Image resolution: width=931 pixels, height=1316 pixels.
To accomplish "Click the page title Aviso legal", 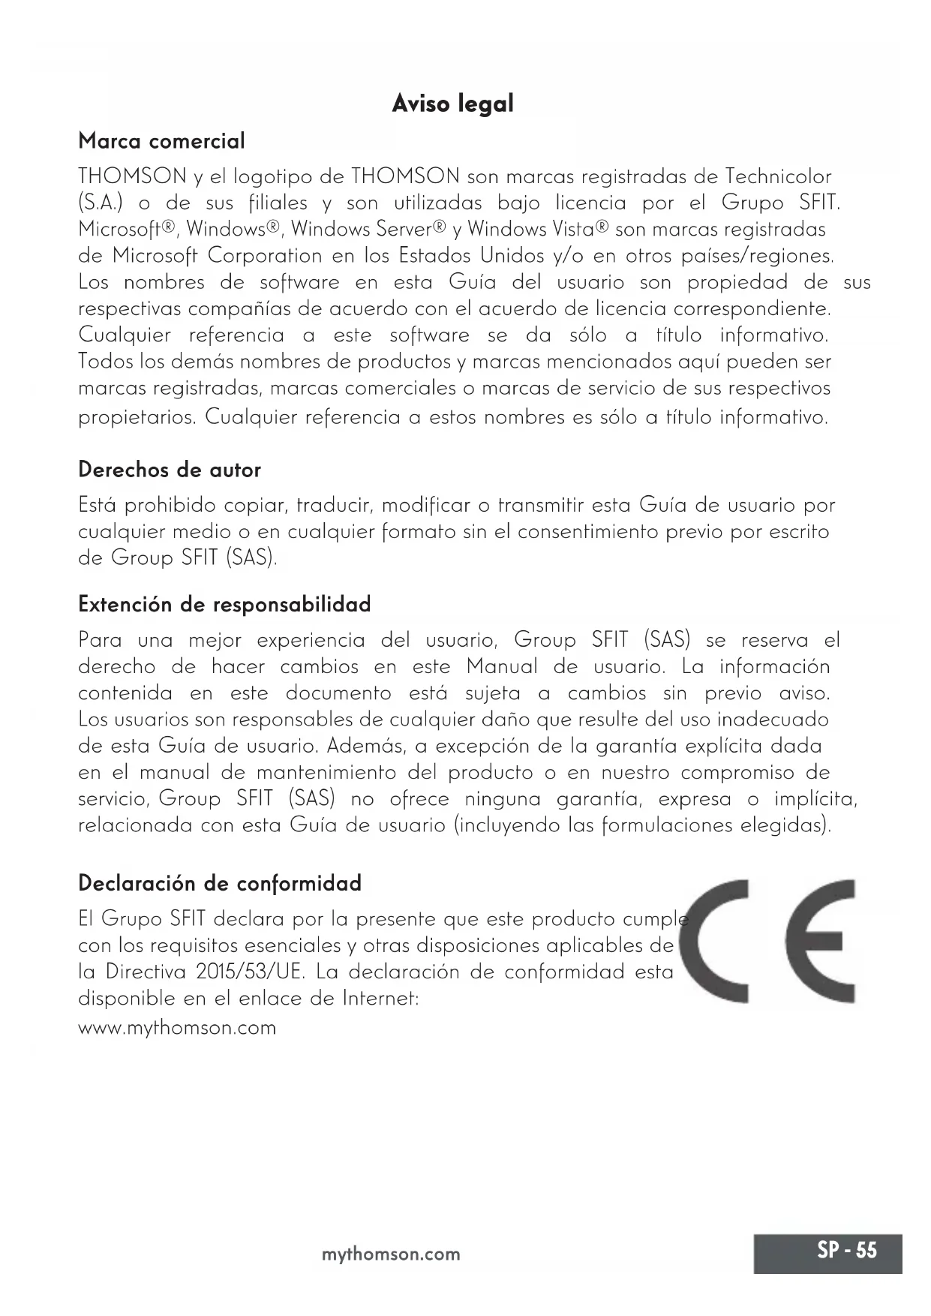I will click(452, 104).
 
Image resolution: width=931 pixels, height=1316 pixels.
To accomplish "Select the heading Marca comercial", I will click(161, 141).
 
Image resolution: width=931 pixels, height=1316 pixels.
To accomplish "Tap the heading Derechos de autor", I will click(170, 470).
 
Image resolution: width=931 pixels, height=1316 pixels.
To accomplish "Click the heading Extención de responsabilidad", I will click(224, 604).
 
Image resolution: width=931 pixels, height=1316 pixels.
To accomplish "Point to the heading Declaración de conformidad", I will click(220, 883).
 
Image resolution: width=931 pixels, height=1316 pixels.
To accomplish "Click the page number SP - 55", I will click(847, 1251).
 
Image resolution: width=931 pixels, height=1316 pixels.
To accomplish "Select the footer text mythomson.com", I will click(390, 1254).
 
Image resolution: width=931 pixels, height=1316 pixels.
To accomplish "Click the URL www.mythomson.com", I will click(177, 1027).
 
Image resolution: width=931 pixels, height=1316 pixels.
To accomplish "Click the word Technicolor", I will click(778, 177).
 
